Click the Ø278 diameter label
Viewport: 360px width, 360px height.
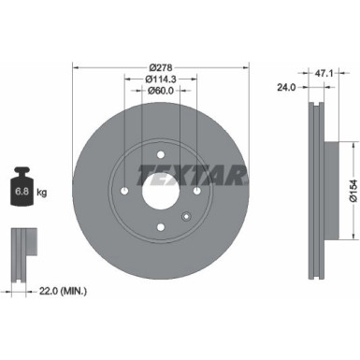tap(162, 67)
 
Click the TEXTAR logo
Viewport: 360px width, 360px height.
tap(193, 173)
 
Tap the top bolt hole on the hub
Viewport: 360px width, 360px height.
tap(162, 155)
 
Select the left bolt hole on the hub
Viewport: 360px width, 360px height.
tap(125, 192)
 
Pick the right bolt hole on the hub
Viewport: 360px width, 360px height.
tap(198, 192)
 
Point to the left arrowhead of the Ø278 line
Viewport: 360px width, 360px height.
tap(76, 67)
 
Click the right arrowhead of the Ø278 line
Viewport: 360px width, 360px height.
tap(248, 67)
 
